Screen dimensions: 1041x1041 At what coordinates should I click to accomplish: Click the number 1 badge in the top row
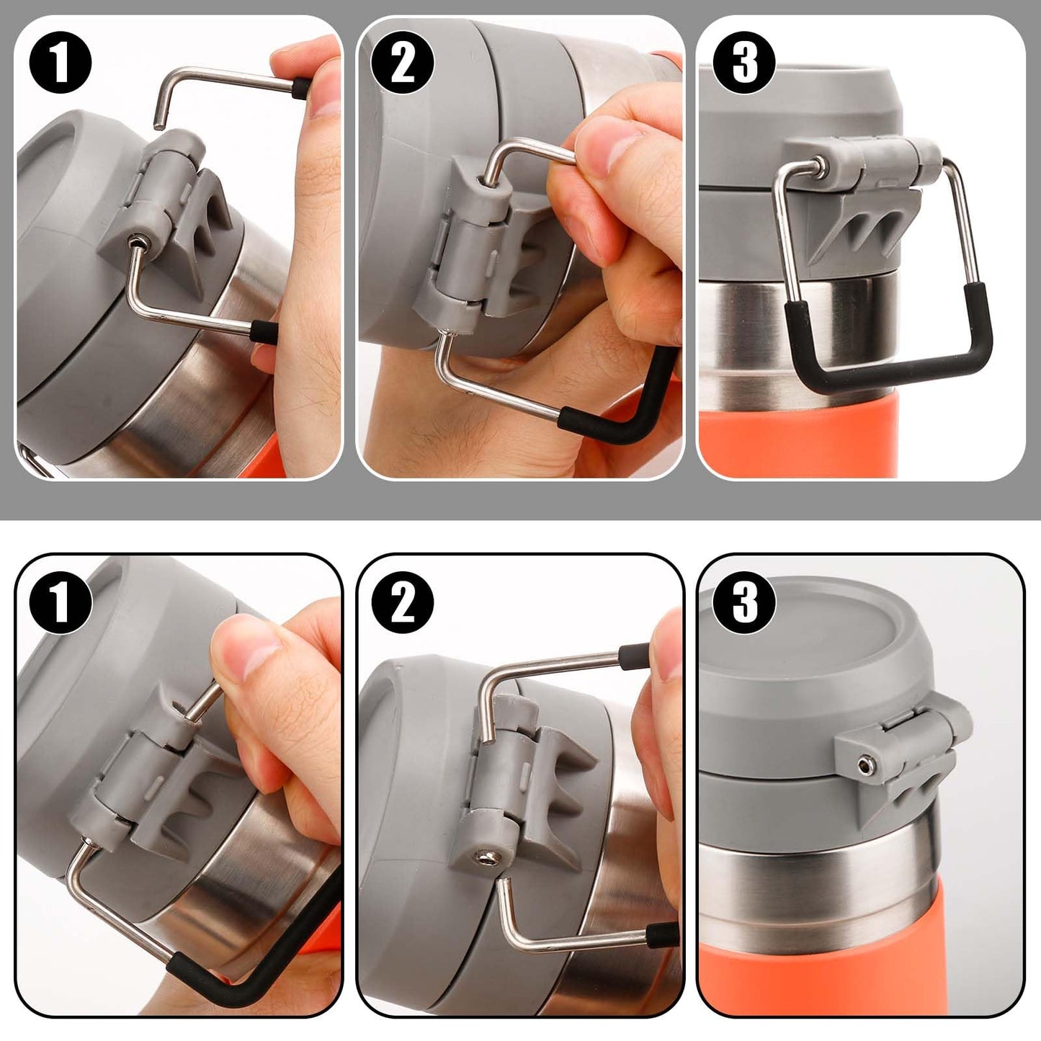pos(60,63)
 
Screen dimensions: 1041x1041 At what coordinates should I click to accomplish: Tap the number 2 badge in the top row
pos(402,63)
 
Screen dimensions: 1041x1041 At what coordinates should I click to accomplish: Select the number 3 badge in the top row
pos(744,63)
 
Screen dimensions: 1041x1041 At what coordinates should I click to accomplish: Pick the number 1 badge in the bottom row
pos(60,602)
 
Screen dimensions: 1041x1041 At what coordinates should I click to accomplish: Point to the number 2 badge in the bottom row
pos(402,602)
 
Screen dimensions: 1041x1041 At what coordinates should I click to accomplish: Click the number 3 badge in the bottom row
pos(744,602)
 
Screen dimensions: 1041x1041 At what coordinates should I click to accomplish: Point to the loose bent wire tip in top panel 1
pos(158,125)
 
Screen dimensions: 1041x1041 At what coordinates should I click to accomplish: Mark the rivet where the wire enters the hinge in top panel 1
pos(140,242)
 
